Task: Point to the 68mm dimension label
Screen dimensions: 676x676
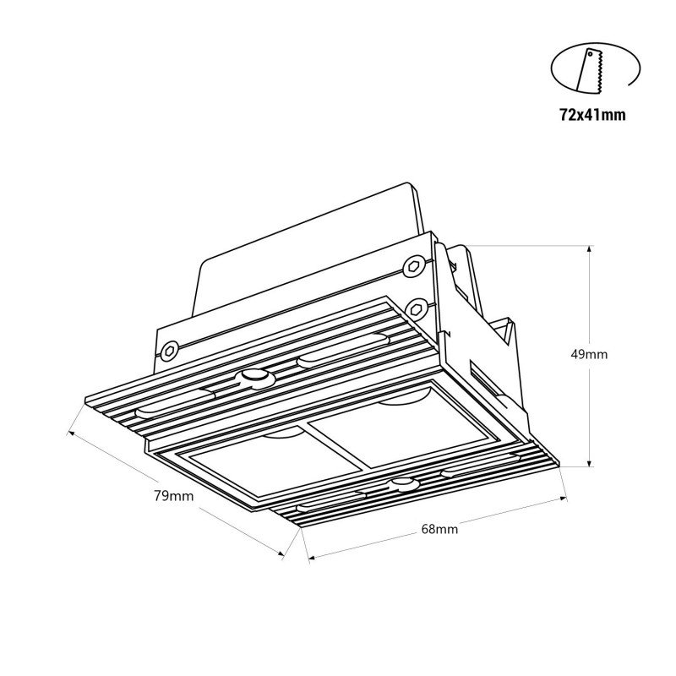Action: click(439, 530)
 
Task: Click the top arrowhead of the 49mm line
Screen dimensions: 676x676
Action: click(590, 248)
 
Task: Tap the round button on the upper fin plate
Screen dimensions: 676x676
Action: click(252, 377)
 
